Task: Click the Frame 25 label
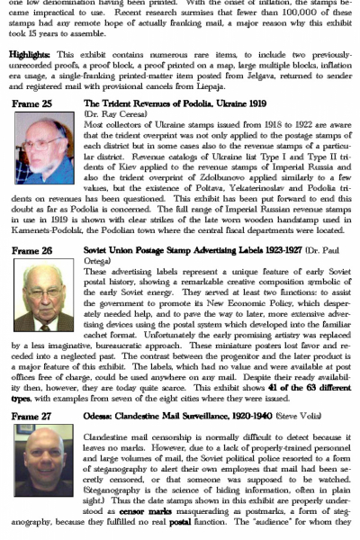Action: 31,104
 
